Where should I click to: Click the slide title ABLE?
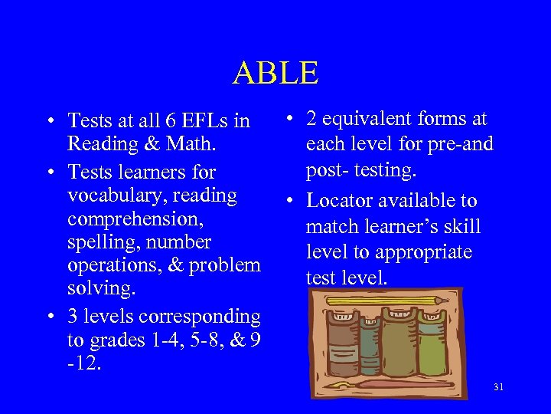275,73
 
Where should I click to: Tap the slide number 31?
498,386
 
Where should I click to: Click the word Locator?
338,201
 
